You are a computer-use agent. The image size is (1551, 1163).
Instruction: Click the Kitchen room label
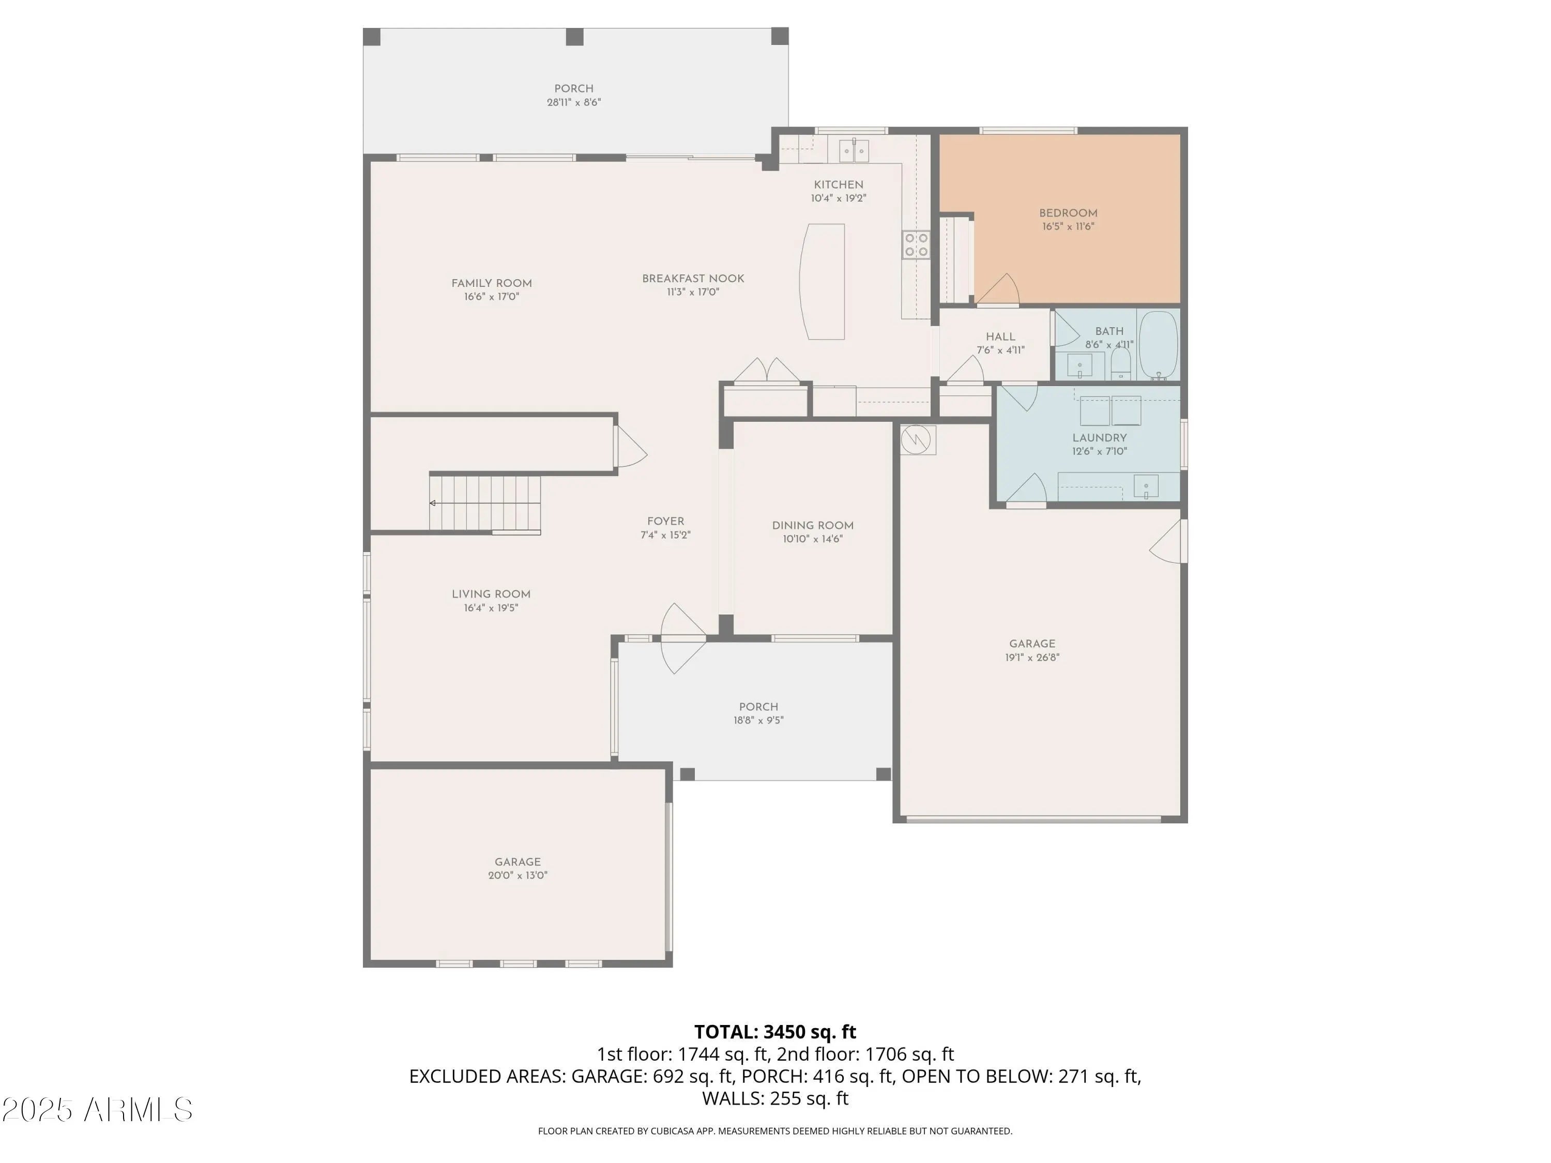[x=839, y=185]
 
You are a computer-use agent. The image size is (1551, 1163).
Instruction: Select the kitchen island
[x=823, y=282]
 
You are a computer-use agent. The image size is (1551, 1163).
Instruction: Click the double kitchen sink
[x=854, y=150]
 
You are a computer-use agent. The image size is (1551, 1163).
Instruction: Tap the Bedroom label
[x=1068, y=213]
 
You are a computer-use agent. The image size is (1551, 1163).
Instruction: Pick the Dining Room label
[x=813, y=525]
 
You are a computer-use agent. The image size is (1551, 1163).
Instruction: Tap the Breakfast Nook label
[x=693, y=278]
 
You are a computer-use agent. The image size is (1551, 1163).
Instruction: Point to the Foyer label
[x=665, y=521]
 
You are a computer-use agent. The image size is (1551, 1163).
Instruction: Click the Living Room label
[x=491, y=594]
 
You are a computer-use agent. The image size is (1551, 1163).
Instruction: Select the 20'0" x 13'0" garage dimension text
[x=518, y=875]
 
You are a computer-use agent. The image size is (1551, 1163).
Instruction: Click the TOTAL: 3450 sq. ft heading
[x=775, y=1032]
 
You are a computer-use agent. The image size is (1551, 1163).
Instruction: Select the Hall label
[x=1000, y=336]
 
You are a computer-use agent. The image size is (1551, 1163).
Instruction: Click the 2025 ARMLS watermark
[x=98, y=1110]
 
